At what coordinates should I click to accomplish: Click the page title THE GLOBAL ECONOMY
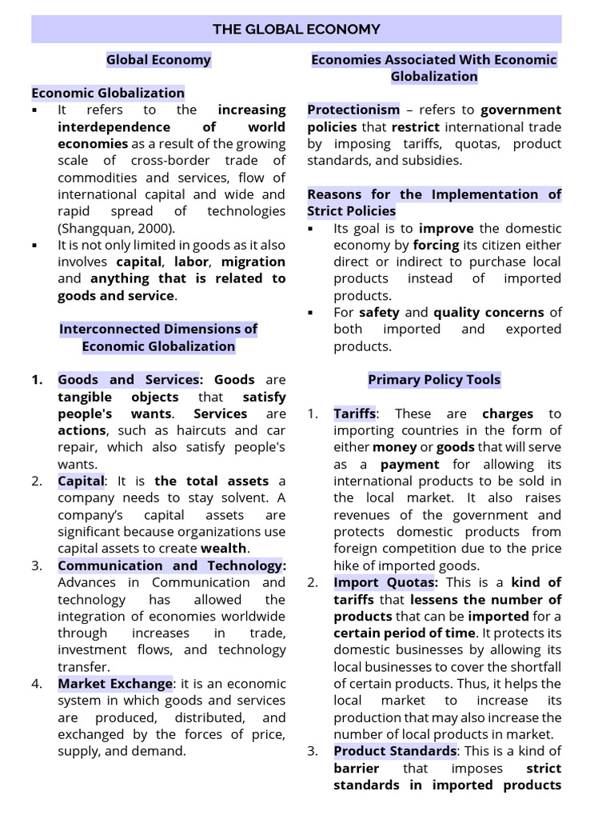pyautogui.click(x=296, y=30)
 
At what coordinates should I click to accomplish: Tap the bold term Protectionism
pyautogui.click(x=353, y=110)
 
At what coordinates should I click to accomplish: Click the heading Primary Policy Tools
pyautogui.click(x=434, y=380)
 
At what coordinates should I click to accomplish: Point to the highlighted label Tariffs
pyautogui.click(x=354, y=413)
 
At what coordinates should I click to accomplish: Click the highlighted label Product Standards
pyautogui.click(x=394, y=751)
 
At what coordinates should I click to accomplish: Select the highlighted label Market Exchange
pyautogui.click(x=114, y=684)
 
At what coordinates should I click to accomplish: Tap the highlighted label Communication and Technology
pyautogui.click(x=171, y=565)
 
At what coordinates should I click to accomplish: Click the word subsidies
pyautogui.click(x=433, y=160)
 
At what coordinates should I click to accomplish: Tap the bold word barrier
pyautogui.click(x=356, y=768)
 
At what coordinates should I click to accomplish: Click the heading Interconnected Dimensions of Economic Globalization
pyautogui.click(x=158, y=338)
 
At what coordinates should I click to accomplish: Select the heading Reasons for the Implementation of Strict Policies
pyautogui.click(x=434, y=202)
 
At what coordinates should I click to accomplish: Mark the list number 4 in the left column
pyautogui.click(x=37, y=684)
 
